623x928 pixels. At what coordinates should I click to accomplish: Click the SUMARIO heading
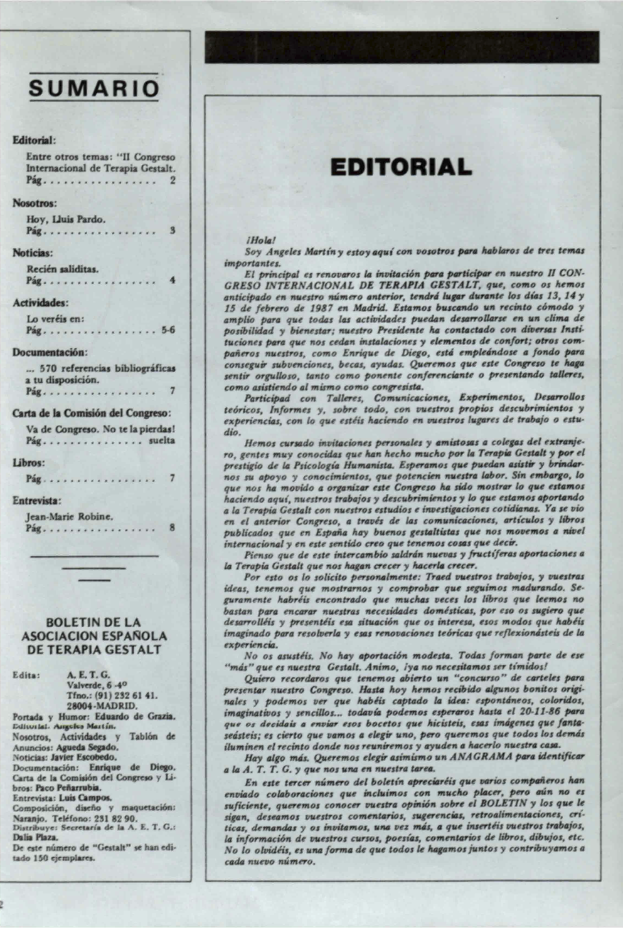coord(93,88)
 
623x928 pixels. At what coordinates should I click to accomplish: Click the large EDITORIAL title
coord(401,167)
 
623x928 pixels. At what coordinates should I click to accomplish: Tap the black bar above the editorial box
coord(402,47)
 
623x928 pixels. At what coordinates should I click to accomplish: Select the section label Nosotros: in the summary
coord(35,204)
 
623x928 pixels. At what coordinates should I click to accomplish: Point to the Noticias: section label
coord(33,253)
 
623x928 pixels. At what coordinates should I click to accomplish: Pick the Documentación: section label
coord(50,352)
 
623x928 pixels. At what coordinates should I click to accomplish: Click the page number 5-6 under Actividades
coord(168,330)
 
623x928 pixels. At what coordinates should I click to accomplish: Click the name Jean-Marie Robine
coord(70,516)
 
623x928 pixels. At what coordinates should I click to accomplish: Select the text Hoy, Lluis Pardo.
coord(66,219)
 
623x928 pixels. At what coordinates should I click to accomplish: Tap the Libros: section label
coord(29,463)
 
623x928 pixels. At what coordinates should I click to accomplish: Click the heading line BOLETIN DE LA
coord(93,623)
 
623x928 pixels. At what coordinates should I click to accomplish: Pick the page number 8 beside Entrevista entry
coord(172,528)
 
